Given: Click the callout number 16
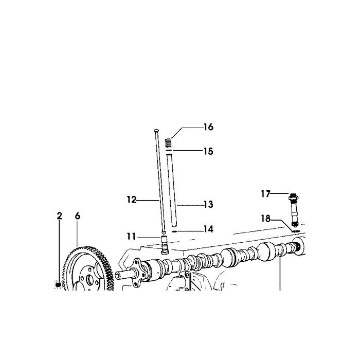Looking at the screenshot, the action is (x=208, y=127).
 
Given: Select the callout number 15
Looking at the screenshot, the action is (x=208, y=152).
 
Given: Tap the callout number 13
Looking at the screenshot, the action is (x=208, y=204).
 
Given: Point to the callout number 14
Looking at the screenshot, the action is (x=208, y=229).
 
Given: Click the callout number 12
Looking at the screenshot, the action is (x=132, y=200).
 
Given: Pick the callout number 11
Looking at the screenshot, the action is (x=132, y=237).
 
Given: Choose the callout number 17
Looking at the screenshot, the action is (x=266, y=194).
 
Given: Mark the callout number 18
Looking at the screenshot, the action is (x=266, y=219).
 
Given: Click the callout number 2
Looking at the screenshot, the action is (x=60, y=216).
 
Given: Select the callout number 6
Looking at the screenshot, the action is (x=78, y=216).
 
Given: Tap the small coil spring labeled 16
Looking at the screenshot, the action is (x=168, y=142).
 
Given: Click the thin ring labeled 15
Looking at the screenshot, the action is (x=169, y=150).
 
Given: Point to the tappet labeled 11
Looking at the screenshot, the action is (x=165, y=245).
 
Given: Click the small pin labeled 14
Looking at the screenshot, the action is (x=174, y=231).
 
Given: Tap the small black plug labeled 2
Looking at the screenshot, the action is (x=58, y=285).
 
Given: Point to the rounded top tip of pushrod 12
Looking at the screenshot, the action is (x=156, y=131).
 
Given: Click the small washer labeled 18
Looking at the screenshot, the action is (x=296, y=231).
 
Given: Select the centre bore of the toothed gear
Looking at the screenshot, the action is (x=90, y=280).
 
